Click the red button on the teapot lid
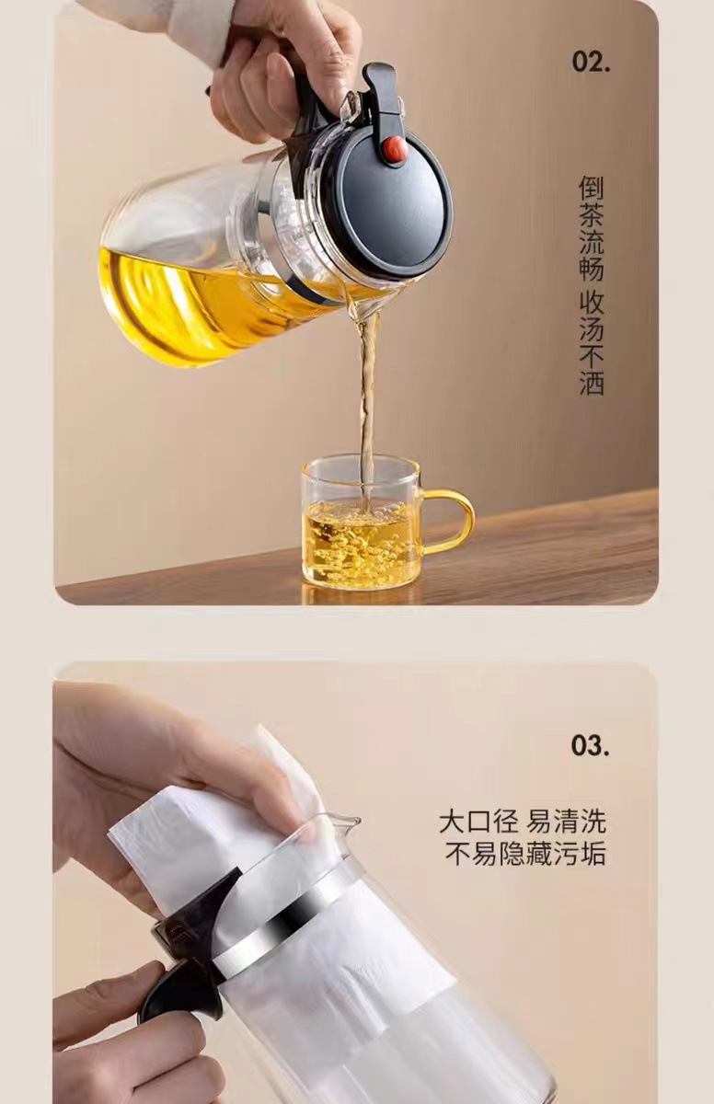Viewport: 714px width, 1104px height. point(395,150)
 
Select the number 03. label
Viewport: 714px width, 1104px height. point(590,745)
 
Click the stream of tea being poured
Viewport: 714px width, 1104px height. point(368,396)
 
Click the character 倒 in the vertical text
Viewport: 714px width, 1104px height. point(591,190)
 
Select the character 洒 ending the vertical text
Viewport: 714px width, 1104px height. point(591,383)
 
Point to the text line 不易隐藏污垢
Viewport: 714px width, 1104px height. point(525,854)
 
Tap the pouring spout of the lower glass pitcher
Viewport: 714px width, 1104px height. point(342,821)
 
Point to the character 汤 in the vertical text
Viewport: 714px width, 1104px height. point(591,328)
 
